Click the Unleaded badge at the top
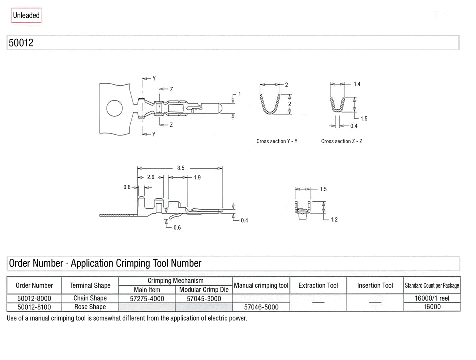point(26,15)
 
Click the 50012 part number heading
point(21,43)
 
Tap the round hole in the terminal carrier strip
point(114,107)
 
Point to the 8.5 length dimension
point(181,168)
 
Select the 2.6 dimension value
point(151,177)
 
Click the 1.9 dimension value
point(197,177)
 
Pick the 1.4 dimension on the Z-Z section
point(357,84)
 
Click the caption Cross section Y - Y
point(277,141)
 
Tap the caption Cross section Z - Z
point(342,141)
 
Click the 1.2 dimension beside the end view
point(334,219)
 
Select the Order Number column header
point(34,286)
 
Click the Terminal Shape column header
point(90,286)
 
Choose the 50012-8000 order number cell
point(35,299)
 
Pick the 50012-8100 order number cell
point(35,307)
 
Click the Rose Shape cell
point(90,307)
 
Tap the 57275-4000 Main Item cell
point(147,299)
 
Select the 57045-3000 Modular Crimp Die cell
point(204,299)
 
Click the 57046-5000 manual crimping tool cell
point(261,307)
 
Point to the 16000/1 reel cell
point(432,299)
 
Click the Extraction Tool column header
point(318,286)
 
